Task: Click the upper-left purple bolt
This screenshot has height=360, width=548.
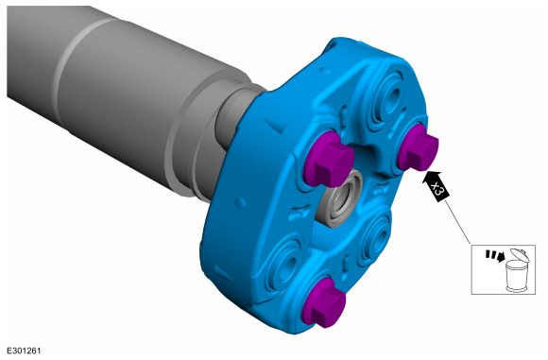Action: click(328, 159)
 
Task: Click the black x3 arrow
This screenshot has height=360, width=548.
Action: click(436, 187)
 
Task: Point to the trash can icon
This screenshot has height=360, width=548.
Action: click(517, 271)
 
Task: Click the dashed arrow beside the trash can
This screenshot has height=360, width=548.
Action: click(495, 256)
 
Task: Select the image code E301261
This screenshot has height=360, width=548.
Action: click(24, 351)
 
